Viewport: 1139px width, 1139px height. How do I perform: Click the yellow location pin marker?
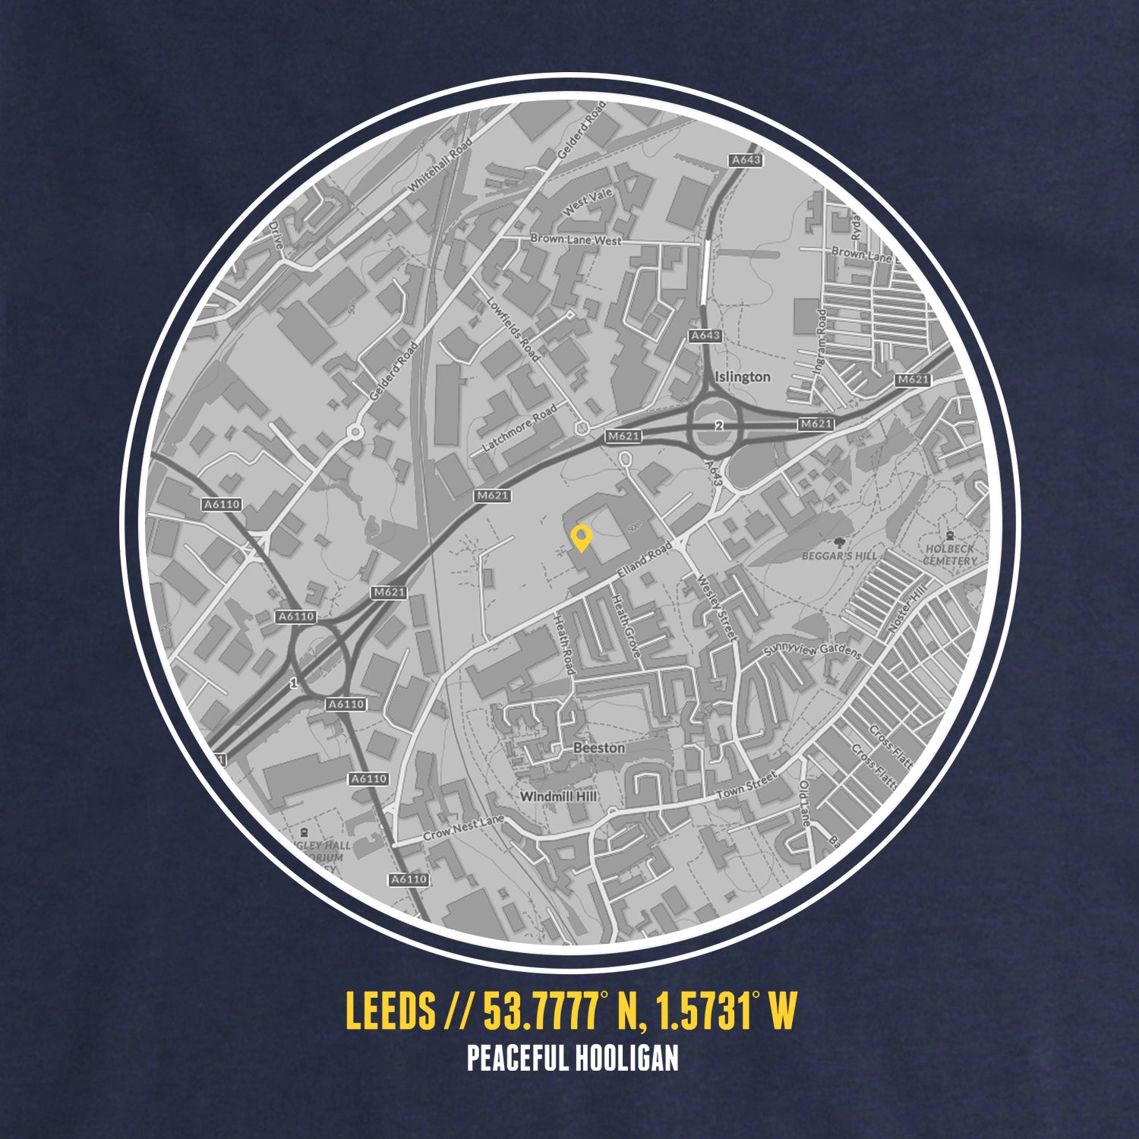(581, 538)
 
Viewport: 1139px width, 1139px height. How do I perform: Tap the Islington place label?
(742, 377)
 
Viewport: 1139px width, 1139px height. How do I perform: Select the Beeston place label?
(599, 748)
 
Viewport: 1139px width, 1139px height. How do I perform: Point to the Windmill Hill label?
(558, 797)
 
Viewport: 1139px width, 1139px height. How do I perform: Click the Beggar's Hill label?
(839, 555)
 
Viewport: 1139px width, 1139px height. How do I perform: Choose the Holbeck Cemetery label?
(950, 554)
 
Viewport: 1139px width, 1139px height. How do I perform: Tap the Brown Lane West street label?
(576, 239)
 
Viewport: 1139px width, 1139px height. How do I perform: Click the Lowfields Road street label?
(514, 328)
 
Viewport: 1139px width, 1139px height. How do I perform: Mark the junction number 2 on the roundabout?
(718, 426)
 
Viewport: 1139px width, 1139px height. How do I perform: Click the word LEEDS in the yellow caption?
(390, 1011)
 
